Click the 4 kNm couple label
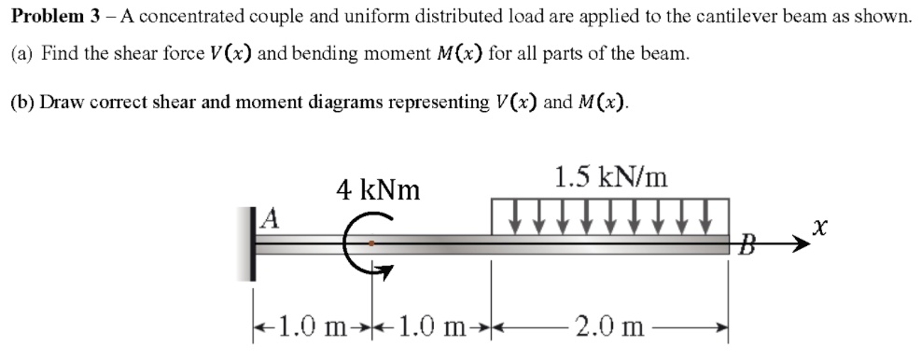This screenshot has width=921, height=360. coord(378,190)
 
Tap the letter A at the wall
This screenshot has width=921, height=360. coord(271,219)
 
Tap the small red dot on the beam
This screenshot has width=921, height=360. coord(371,242)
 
